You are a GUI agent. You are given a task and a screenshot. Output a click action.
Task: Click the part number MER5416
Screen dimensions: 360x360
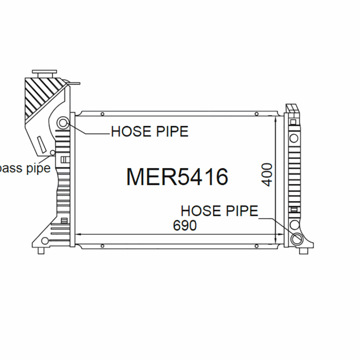(x=177, y=177)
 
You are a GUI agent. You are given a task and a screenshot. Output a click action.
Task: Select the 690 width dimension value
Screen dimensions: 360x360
(x=185, y=225)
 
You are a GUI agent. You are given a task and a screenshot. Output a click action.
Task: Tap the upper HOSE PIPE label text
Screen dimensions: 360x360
(x=149, y=132)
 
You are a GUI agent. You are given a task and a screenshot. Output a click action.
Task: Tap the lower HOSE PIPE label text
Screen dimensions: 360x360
(x=219, y=210)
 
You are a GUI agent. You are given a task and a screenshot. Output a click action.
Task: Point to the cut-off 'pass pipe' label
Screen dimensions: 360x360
(x=25, y=169)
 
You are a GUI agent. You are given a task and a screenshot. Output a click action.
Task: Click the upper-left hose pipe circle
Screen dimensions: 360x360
(x=63, y=122)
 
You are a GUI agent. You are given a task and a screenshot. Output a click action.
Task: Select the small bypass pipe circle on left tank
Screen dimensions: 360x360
(x=53, y=153)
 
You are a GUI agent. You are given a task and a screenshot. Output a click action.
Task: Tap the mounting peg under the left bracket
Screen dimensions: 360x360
(x=41, y=250)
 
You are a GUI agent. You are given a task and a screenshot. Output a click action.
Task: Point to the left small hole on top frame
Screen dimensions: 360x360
(x=103, y=114)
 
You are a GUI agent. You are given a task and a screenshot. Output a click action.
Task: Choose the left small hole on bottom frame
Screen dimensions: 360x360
(x=103, y=246)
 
